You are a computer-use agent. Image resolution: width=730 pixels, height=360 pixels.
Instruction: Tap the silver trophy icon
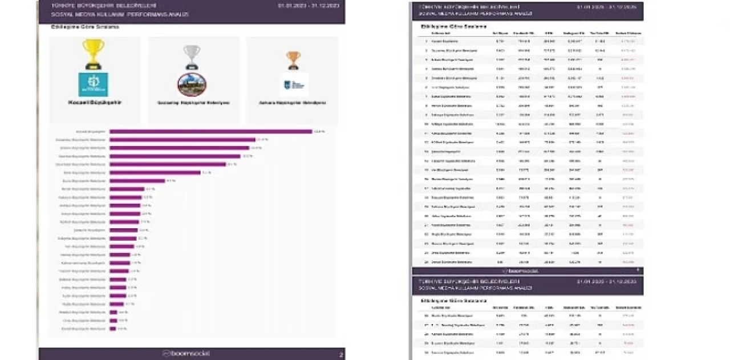tap(192, 57)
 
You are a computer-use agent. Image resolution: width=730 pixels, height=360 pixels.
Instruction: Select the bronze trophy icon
tap(293, 60)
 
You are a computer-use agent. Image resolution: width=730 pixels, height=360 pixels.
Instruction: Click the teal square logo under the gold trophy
tap(94, 84)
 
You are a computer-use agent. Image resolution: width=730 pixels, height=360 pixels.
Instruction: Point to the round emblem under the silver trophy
tap(192, 84)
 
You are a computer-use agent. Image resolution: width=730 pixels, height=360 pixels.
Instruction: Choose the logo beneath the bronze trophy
tap(294, 84)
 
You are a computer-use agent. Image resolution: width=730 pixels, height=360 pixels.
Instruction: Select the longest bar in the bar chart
tap(210, 132)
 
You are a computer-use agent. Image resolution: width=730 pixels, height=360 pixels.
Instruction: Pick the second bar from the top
tap(182, 140)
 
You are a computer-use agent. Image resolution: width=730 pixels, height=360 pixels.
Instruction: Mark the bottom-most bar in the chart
tap(113, 329)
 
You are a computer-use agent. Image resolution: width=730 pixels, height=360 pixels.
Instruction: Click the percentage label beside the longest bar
tap(319, 132)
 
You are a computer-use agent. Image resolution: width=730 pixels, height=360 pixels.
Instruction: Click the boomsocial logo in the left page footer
tap(186, 354)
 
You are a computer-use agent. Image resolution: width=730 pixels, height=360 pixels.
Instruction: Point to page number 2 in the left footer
tap(341, 355)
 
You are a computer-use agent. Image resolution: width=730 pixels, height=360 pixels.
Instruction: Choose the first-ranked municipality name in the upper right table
tap(444, 42)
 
